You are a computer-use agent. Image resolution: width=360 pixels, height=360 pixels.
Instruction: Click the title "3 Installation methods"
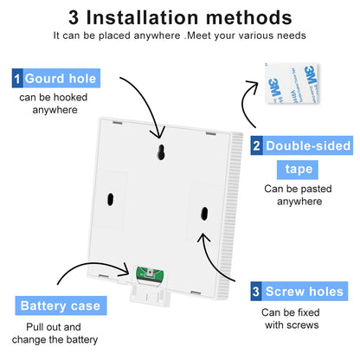179,16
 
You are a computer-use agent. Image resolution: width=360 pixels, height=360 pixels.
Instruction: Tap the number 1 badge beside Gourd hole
17,79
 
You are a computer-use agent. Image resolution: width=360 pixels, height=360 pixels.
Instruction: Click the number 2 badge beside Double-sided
257,146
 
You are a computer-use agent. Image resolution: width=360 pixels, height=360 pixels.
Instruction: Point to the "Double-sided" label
306,146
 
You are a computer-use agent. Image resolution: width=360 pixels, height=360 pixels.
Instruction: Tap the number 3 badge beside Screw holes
257,292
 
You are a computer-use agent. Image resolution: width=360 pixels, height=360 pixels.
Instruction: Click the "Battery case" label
61,305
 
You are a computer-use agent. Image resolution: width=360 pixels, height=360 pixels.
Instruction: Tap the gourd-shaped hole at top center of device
160,153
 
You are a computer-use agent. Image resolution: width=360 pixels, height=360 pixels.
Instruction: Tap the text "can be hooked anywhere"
54,103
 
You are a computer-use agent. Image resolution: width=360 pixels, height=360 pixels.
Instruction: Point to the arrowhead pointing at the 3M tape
250,84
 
